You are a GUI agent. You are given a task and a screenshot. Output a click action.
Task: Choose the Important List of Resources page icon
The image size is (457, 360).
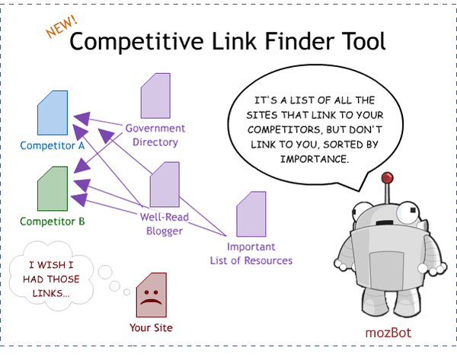click(x=251, y=216)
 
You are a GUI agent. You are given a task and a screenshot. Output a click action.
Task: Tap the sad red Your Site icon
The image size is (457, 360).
click(x=149, y=296)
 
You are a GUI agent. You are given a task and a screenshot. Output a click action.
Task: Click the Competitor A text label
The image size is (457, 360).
click(x=52, y=145)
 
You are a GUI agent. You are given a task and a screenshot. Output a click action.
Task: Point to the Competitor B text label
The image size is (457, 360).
click(x=52, y=221)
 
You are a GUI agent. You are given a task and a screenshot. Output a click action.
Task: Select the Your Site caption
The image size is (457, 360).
click(x=151, y=328)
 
